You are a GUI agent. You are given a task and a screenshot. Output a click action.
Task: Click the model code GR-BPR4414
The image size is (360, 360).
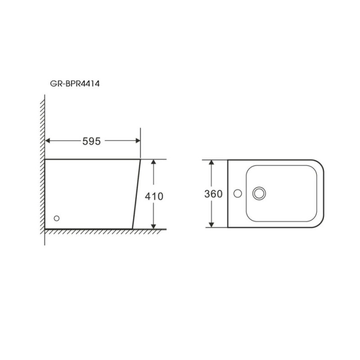tap(75, 84)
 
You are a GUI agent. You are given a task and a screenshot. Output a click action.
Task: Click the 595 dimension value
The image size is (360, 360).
tap(91, 141)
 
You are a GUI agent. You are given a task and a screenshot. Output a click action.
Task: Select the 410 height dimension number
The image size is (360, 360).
tap(154, 196)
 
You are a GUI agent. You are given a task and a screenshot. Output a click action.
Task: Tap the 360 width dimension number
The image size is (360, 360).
tap(213, 194)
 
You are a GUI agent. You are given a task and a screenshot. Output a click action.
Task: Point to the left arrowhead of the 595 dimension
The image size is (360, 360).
tap(48, 140)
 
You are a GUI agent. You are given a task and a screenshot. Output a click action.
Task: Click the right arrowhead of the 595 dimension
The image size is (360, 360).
tap(138, 140)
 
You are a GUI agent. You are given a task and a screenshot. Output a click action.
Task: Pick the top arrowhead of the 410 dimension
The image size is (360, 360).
tap(153, 162)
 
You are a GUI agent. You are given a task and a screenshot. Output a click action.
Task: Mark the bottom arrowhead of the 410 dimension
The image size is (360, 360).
tap(153, 226)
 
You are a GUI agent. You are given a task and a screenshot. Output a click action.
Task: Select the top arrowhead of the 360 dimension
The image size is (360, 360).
tap(211, 162)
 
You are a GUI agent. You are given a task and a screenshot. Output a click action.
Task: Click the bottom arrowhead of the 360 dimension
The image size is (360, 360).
tap(211, 225)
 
